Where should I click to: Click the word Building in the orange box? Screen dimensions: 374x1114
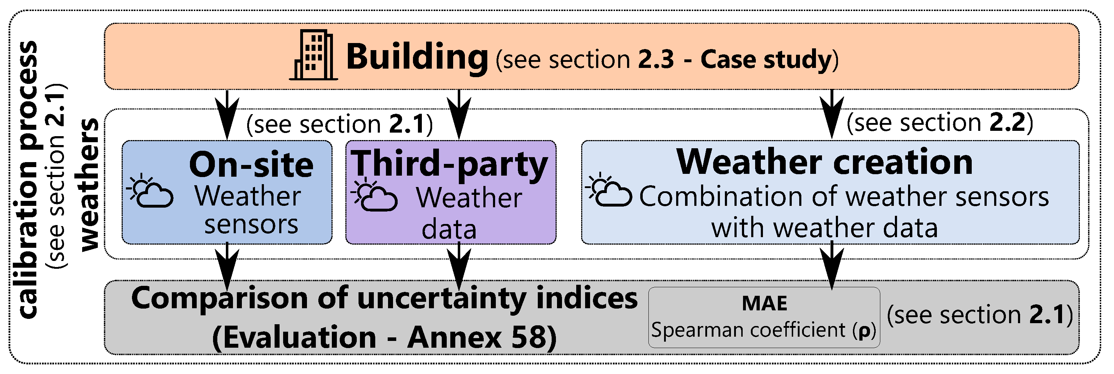[x=417, y=57]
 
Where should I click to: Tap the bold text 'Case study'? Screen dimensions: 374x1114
[x=766, y=59]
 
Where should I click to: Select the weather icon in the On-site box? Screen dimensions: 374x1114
[x=150, y=191]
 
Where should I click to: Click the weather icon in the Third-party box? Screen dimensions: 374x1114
[x=374, y=196]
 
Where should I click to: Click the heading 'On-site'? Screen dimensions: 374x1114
[x=251, y=165]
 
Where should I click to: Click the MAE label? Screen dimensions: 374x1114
[x=764, y=303]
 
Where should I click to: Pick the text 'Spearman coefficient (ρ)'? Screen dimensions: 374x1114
[x=764, y=330]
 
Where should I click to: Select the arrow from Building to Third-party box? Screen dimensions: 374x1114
[x=459, y=114]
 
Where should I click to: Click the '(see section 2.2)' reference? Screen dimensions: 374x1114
[x=940, y=123]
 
